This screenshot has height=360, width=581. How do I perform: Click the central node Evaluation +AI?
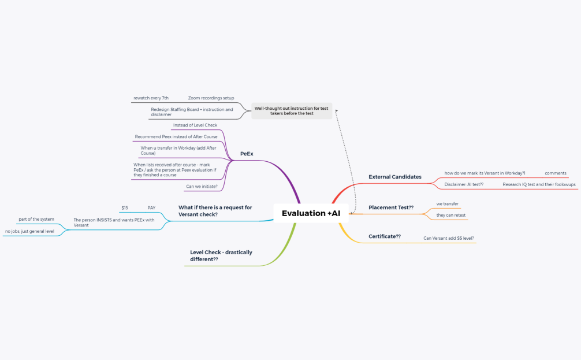pos(311,213)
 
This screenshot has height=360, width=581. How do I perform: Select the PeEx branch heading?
pos(247,154)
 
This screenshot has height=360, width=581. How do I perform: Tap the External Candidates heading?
pos(395,177)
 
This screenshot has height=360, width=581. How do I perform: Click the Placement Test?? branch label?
pos(391,207)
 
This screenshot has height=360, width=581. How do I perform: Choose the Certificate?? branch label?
pos(385,236)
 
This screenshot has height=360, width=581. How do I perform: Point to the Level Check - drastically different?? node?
pos(221,255)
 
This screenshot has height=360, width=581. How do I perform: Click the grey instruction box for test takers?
pos(292,111)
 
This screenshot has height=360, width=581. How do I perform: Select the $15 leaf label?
pos(125,208)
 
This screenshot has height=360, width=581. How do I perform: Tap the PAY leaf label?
pos(151,208)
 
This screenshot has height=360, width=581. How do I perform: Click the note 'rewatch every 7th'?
pos(151,98)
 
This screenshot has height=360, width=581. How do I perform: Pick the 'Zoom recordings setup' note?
pos(211,98)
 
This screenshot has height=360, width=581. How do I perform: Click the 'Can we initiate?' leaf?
pos(202,187)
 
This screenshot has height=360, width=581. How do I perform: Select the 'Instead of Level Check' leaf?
pos(195,125)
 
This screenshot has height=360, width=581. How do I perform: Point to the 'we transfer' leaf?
pos(447,204)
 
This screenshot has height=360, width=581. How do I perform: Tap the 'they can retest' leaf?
pos(451,215)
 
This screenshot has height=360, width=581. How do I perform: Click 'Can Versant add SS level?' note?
pos(449,239)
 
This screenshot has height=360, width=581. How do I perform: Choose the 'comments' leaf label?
pos(556,173)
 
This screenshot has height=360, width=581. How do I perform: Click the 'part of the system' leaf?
pos(36,220)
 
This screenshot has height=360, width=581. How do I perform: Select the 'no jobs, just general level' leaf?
pos(29,231)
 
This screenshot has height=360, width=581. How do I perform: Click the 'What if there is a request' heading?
pos(215,211)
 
